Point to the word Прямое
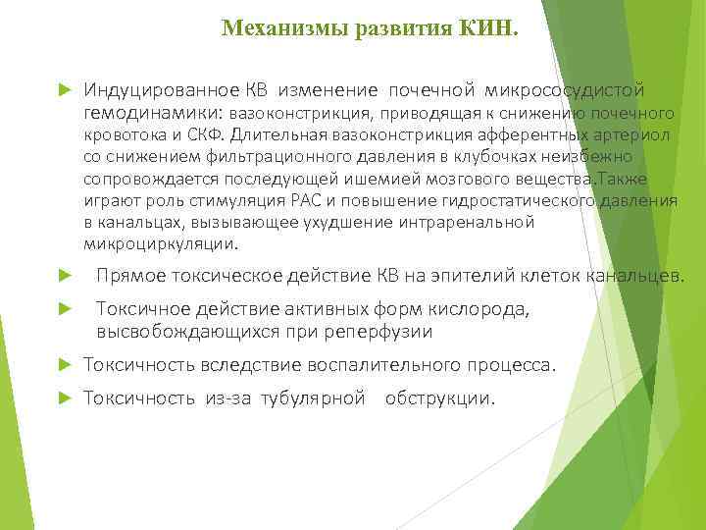127,276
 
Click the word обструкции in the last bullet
440,398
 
